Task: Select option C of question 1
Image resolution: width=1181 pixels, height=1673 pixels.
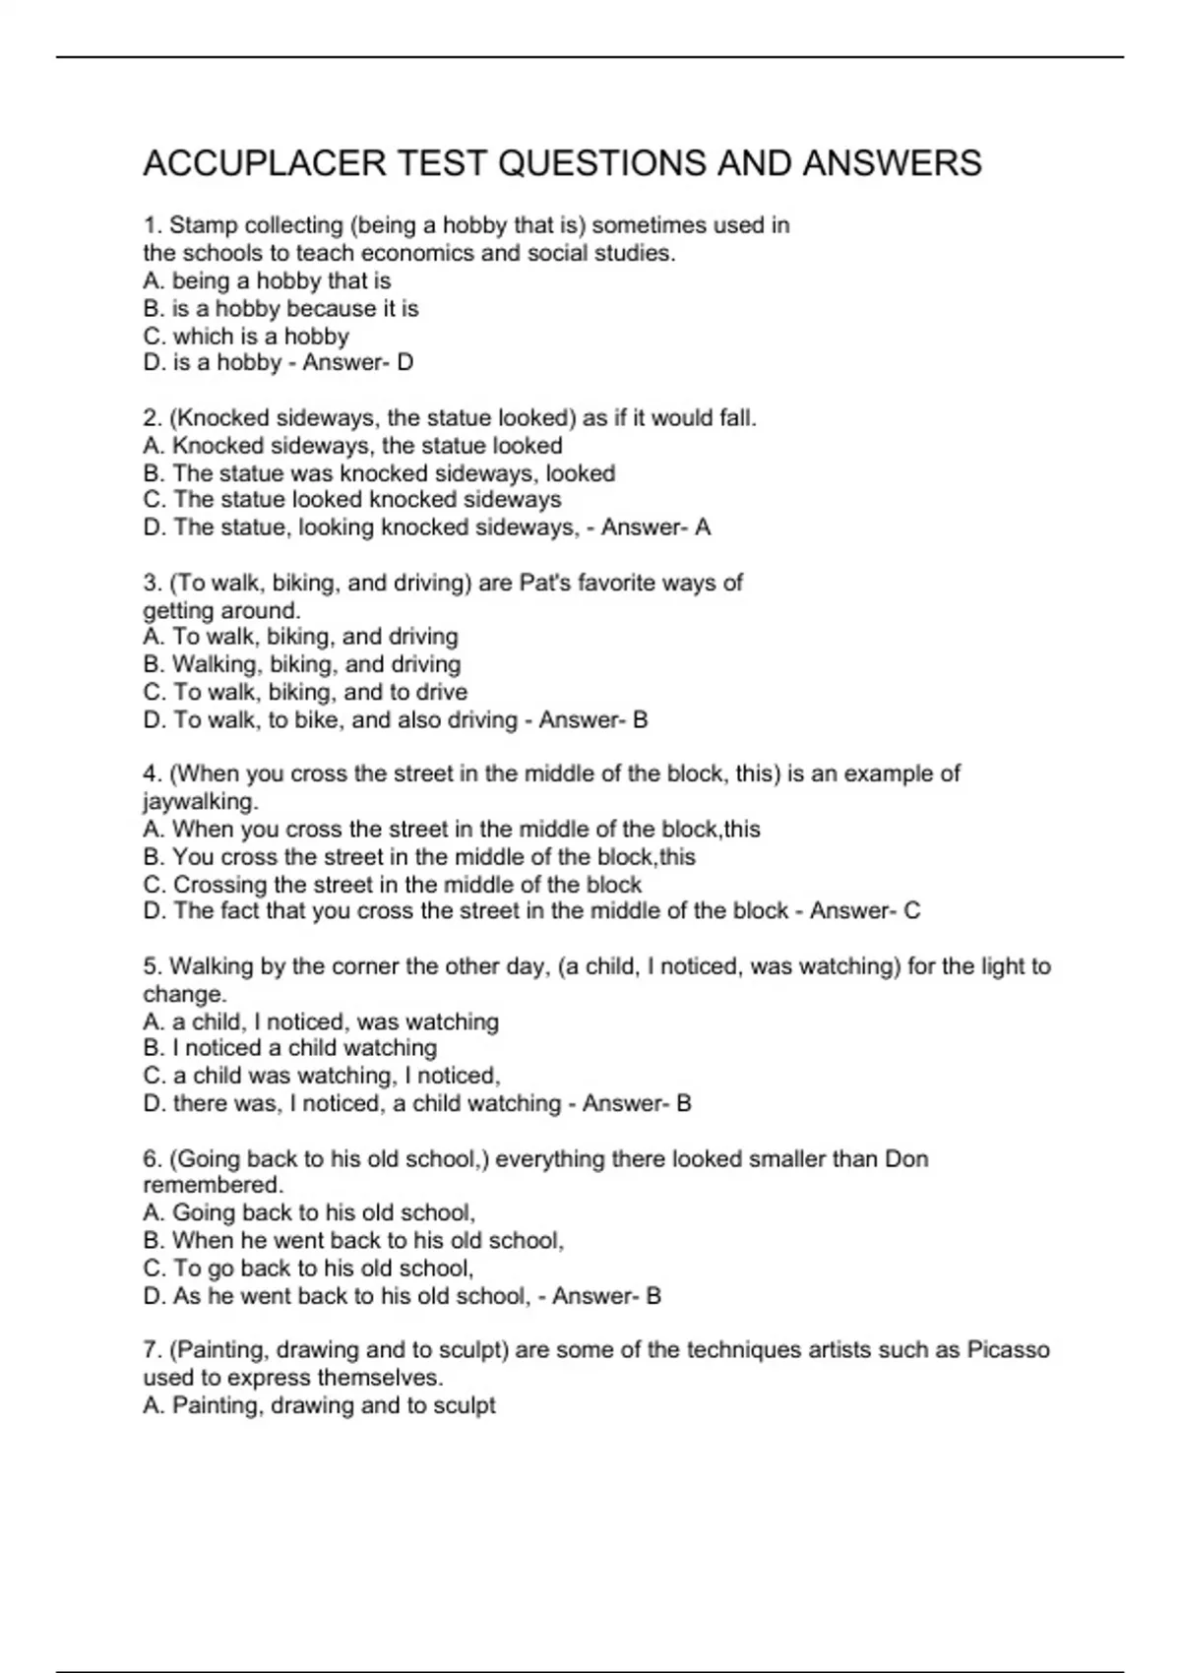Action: pyautogui.click(x=246, y=336)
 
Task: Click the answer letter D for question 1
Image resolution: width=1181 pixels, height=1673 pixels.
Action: pyautogui.click(x=404, y=363)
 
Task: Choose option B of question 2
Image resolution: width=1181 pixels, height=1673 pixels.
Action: pyautogui.click(x=379, y=473)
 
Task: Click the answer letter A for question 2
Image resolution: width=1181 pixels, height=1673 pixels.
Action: pyautogui.click(x=703, y=527)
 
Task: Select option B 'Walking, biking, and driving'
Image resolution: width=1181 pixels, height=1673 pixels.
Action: pyautogui.click(x=302, y=664)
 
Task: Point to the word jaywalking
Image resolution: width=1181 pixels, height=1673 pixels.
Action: pyautogui.click(x=200, y=801)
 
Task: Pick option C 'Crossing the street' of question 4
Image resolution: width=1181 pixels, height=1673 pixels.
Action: pyautogui.click(x=393, y=884)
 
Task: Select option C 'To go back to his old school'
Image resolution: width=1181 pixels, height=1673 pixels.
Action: pyautogui.click(x=309, y=1268)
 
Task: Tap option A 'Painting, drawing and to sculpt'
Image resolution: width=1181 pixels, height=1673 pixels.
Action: pyautogui.click(x=319, y=1405)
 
